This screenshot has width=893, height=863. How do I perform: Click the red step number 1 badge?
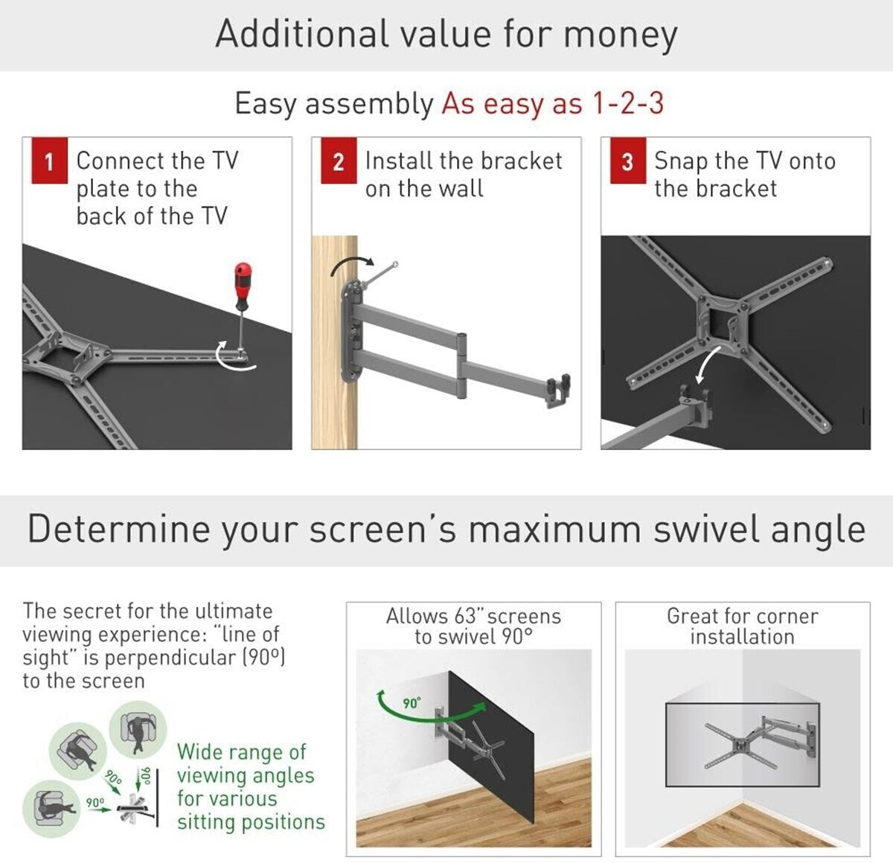(x=50, y=161)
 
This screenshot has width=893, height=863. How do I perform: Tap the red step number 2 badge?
(x=339, y=161)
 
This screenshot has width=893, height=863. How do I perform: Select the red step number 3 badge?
(x=628, y=161)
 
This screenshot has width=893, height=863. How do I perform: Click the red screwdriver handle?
(x=243, y=285)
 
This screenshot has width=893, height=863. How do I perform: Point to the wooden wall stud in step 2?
(x=335, y=342)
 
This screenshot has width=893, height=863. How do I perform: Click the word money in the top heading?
(x=620, y=35)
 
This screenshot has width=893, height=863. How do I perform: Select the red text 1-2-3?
(x=628, y=103)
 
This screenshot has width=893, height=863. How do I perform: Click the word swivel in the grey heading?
(x=706, y=529)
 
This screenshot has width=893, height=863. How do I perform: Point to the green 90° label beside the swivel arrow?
(x=412, y=703)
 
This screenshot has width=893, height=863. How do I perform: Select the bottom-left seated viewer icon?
(x=51, y=809)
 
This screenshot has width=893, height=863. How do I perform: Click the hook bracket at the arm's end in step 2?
(x=558, y=391)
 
